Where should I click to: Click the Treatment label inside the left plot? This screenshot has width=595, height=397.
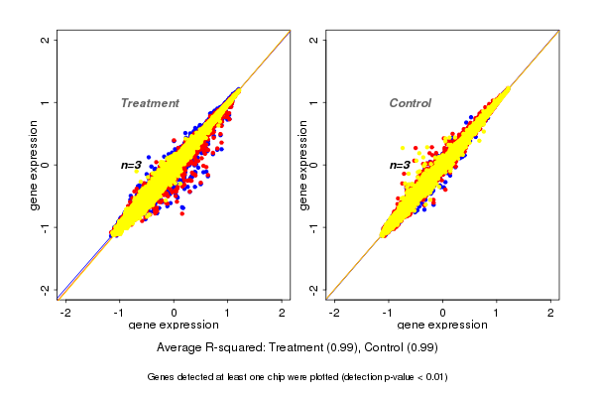click(x=150, y=103)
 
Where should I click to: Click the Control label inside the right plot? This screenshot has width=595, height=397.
click(x=410, y=103)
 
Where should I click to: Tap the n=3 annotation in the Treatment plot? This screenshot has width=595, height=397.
click(x=132, y=165)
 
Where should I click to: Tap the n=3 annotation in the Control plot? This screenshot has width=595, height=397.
click(x=400, y=165)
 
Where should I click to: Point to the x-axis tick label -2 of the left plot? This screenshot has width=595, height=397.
click(x=66, y=313)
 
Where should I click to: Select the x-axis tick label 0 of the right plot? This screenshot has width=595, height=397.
click(x=443, y=313)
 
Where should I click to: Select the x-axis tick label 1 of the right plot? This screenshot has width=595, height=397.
click(x=497, y=313)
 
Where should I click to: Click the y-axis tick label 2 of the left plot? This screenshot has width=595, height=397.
click(x=45, y=40)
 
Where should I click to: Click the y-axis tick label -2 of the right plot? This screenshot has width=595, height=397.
click(x=313, y=289)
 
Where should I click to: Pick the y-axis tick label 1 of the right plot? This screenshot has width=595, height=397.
click(x=313, y=102)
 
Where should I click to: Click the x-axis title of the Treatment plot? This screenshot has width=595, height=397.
click(x=174, y=326)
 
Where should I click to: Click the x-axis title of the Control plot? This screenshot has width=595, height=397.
click(x=443, y=326)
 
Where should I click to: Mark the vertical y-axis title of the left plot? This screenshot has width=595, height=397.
click(x=34, y=165)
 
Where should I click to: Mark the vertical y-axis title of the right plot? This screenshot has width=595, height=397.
click(x=302, y=165)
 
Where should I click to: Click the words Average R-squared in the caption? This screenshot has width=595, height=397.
click(x=205, y=347)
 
